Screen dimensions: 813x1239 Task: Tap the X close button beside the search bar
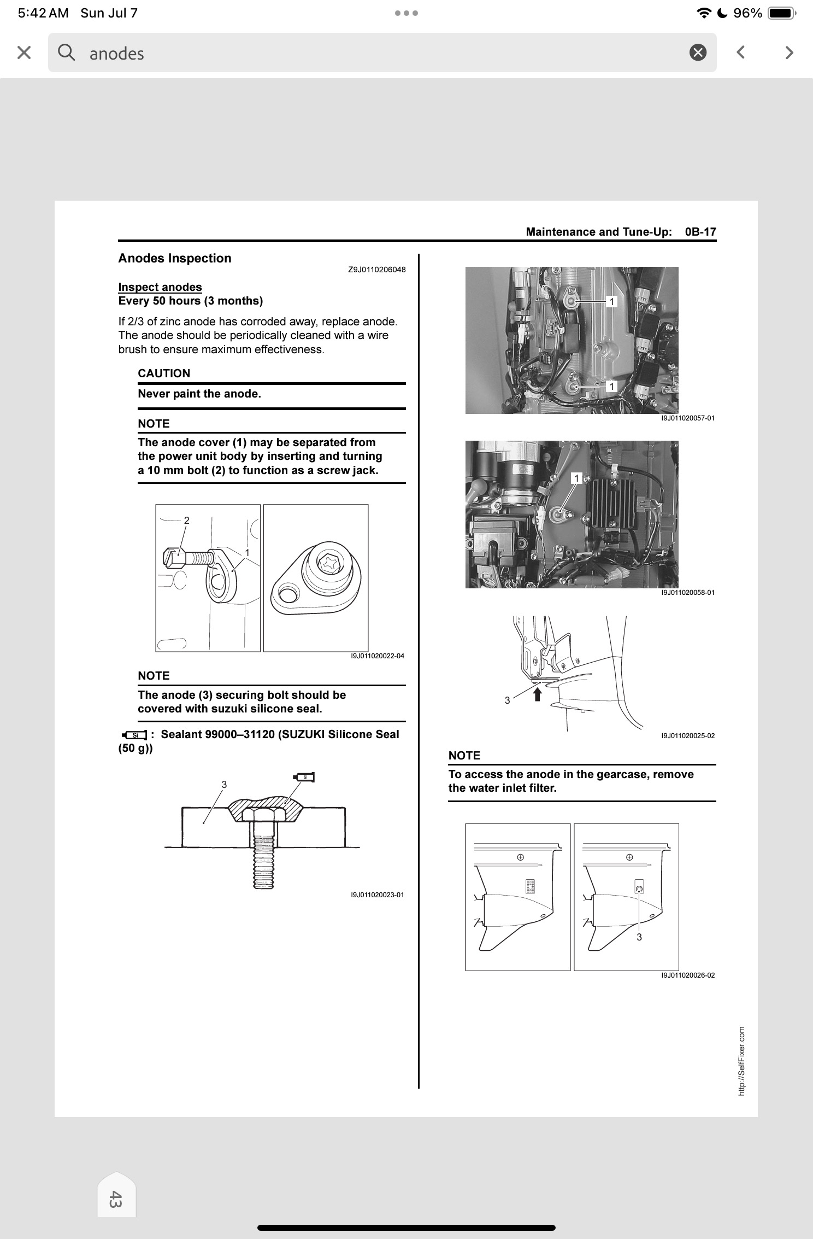tap(24, 52)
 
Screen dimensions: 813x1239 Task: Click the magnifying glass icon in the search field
tap(66, 52)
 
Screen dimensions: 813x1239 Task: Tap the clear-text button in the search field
tap(698, 52)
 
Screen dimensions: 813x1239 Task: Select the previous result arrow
tap(740, 52)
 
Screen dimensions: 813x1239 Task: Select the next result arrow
tap(788, 52)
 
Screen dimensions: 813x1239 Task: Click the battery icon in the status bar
tap(782, 13)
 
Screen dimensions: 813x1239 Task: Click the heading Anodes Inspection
tap(175, 258)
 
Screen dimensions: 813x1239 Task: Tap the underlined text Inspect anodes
tap(160, 287)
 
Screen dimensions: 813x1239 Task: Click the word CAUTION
tap(164, 373)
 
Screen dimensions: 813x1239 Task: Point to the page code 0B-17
tap(700, 232)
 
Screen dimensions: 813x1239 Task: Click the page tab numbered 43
tap(116, 1200)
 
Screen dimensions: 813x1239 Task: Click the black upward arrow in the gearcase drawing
tap(538, 694)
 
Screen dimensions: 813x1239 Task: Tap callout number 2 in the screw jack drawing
tap(187, 521)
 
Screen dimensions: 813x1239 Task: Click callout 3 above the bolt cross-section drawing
tap(224, 785)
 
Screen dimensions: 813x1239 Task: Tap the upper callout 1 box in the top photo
tap(612, 301)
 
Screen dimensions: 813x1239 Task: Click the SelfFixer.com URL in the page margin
tap(741, 1061)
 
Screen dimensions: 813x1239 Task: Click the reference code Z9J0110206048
tap(377, 270)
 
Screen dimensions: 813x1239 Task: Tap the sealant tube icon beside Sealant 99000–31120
tap(134, 734)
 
